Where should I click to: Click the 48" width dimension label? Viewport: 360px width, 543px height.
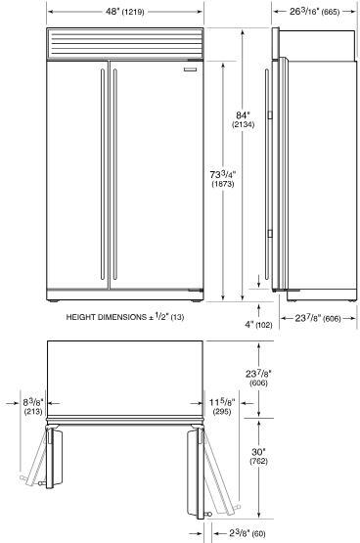[x=125, y=12]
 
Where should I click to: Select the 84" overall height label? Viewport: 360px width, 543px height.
[x=243, y=119]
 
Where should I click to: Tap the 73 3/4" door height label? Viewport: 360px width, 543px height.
[x=223, y=179]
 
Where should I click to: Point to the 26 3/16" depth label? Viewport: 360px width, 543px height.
[x=314, y=12]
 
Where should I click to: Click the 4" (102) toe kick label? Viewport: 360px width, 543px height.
[x=258, y=325]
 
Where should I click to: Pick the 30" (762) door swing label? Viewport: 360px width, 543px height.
[x=259, y=457]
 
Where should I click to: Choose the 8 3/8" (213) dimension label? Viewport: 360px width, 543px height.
[x=33, y=407]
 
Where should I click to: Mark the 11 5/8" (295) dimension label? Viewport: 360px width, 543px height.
[x=222, y=407]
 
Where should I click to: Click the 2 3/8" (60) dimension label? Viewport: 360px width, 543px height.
[x=247, y=533]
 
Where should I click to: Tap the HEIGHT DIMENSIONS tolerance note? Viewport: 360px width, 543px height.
[x=125, y=317]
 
